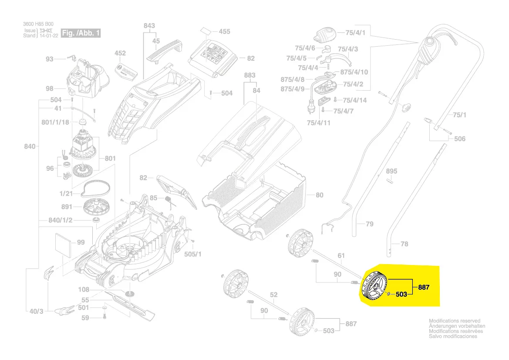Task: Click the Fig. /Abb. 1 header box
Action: tap(81, 33)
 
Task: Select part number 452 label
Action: tap(120, 53)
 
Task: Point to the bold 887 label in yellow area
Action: tap(424, 288)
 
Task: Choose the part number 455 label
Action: tap(224, 32)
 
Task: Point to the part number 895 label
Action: tap(391, 170)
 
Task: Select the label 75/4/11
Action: tap(319, 122)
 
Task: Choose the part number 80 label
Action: tap(319, 195)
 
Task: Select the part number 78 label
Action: tap(404, 244)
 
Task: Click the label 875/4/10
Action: tap(354, 72)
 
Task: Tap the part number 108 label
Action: tap(83, 289)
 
